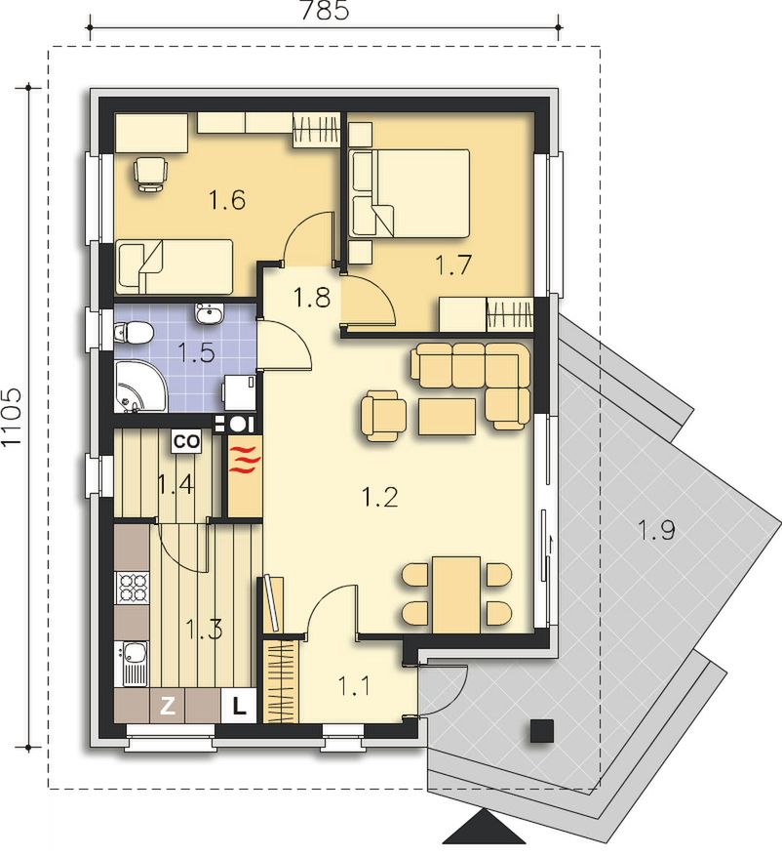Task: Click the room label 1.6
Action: (x=227, y=200)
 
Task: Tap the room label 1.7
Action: (x=453, y=265)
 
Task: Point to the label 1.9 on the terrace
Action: (x=656, y=530)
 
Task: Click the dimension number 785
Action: (x=325, y=11)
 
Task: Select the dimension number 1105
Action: (x=11, y=417)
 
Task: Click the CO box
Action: (x=186, y=441)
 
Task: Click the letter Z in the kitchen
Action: (x=168, y=707)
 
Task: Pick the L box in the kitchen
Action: (x=239, y=706)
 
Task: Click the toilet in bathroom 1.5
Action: (x=133, y=333)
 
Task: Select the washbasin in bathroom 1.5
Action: (x=209, y=314)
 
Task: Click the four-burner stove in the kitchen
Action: (x=132, y=587)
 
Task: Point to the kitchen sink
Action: (x=132, y=664)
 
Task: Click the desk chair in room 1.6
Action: (x=150, y=173)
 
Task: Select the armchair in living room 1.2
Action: (x=383, y=415)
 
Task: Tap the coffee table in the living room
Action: (x=448, y=416)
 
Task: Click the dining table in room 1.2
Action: (x=456, y=594)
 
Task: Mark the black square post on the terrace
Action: (x=542, y=731)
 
